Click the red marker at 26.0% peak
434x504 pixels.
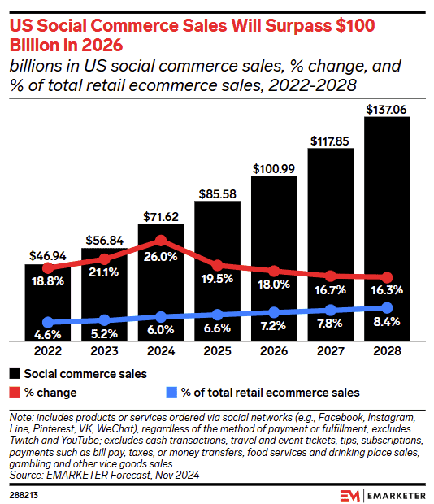161,241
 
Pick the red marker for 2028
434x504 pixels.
387,278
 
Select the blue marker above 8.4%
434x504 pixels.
387,307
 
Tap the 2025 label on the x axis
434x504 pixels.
217,353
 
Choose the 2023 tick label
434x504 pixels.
104,353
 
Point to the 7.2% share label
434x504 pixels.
274,327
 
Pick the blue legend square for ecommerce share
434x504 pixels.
171,393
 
